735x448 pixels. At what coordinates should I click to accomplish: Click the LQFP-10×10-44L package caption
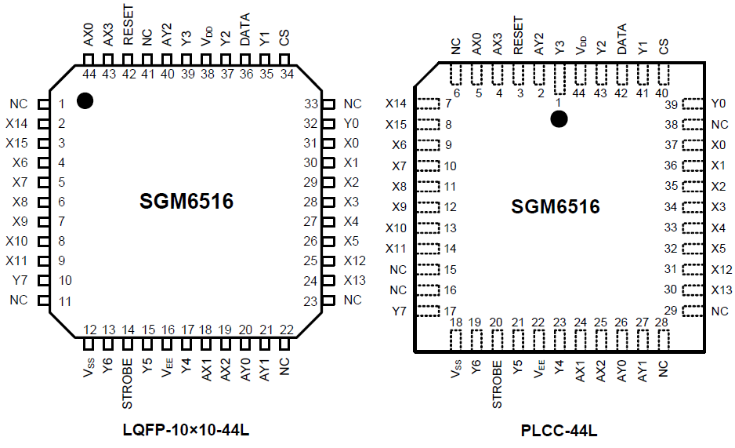[x=186, y=431]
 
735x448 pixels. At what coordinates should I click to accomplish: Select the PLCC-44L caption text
[x=559, y=431]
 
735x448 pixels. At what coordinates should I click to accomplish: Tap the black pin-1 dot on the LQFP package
[x=85, y=100]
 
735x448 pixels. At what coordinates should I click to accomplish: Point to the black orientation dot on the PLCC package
[x=559, y=118]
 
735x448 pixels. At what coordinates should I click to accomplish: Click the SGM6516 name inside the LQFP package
[x=186, y=202]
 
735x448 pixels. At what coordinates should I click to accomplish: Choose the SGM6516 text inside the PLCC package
[x=556, y=207]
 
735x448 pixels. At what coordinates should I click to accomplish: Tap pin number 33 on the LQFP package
[x=310, y=104]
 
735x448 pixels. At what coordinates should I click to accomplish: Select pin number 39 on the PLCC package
[x=670, y=104]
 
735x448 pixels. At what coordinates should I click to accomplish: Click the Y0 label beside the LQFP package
[x=352, y=123]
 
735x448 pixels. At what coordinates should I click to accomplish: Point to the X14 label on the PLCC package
[x=396, y=104]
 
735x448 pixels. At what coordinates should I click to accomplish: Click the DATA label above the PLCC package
[x=622, y=37]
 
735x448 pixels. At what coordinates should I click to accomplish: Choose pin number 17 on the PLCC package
[x=450, y=311]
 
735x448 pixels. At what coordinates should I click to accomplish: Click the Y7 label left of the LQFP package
[x=20, y=280]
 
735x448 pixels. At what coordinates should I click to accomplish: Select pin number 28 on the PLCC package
[x=662, y=322]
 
